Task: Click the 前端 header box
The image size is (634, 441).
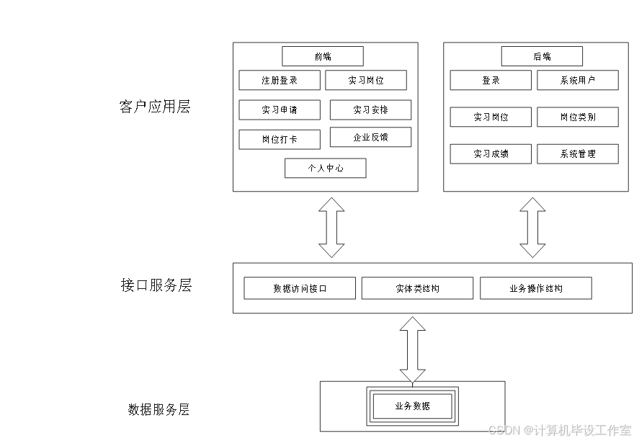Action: pyautogui.click(x=322, y=56)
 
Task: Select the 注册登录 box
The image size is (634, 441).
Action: pyautogui.click(x=280, y=80)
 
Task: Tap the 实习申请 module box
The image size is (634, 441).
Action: pyautogui.click(x=280, y=110)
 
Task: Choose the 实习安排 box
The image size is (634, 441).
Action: pyautogui.click(x=370, y=110)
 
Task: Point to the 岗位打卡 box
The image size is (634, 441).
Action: pyautogui.click(x=280, y=139)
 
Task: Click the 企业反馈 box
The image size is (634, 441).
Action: pyautogui.click(x=370, y=137)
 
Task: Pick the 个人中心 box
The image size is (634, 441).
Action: pyautogui.click(x=325, y=168)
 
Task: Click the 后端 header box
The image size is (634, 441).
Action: pyautogui.click(x=542, y=56)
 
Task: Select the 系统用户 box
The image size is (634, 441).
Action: pyautogui.click(x=577, y=80)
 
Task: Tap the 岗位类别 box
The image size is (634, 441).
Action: pyautogui.click(x=577, y=117)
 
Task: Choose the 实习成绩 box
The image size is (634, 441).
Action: pyautogui.click(x=491, y=153)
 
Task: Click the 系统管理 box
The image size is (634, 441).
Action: pyautogui.click(x=577, y=153)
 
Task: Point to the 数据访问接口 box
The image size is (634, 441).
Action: pyautogui.click(x=300, y=288)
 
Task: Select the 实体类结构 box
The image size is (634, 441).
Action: pyautogui.click(x=417, y=288)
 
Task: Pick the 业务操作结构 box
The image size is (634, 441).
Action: pyautogui.click(x=535, y=288)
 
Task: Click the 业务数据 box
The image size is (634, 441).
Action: pyautogui.click(x=412, y=406)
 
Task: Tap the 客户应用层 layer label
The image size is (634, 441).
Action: pyautogui.click(x=154, y=107)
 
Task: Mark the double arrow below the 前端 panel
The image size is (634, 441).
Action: pyautogui.click(x=331, y=228)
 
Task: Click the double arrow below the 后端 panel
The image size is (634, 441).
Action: pyautogui.click(x=532, y=228)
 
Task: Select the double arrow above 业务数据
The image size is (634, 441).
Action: pyautogui.click(x=412, y=349)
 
